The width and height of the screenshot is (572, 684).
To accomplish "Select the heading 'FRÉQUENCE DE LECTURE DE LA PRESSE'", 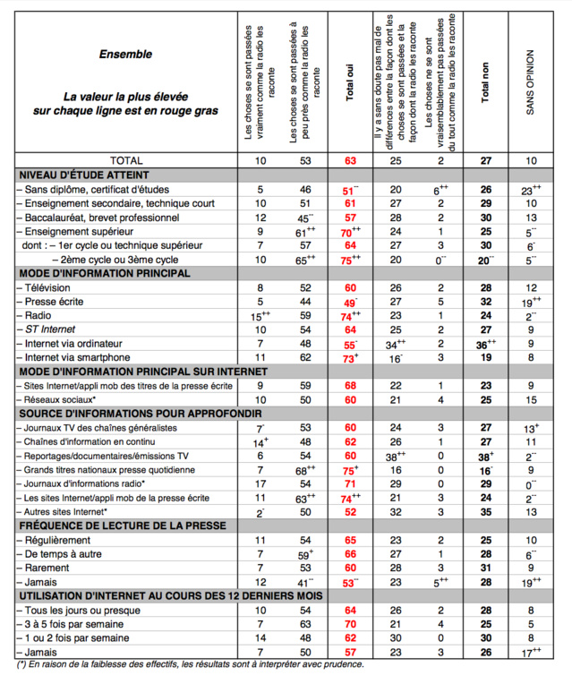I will pyautogui.click(x=116, y=526).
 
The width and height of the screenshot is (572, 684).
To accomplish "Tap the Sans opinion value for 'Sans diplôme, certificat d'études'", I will pyautogui.click(x=531, y=190).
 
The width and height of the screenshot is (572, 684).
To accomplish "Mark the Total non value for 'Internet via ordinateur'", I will pyautogui.click(x=484, y=344).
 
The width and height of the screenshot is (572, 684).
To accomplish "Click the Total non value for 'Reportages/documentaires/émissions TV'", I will pyautogui.click(x=484, y=456).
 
